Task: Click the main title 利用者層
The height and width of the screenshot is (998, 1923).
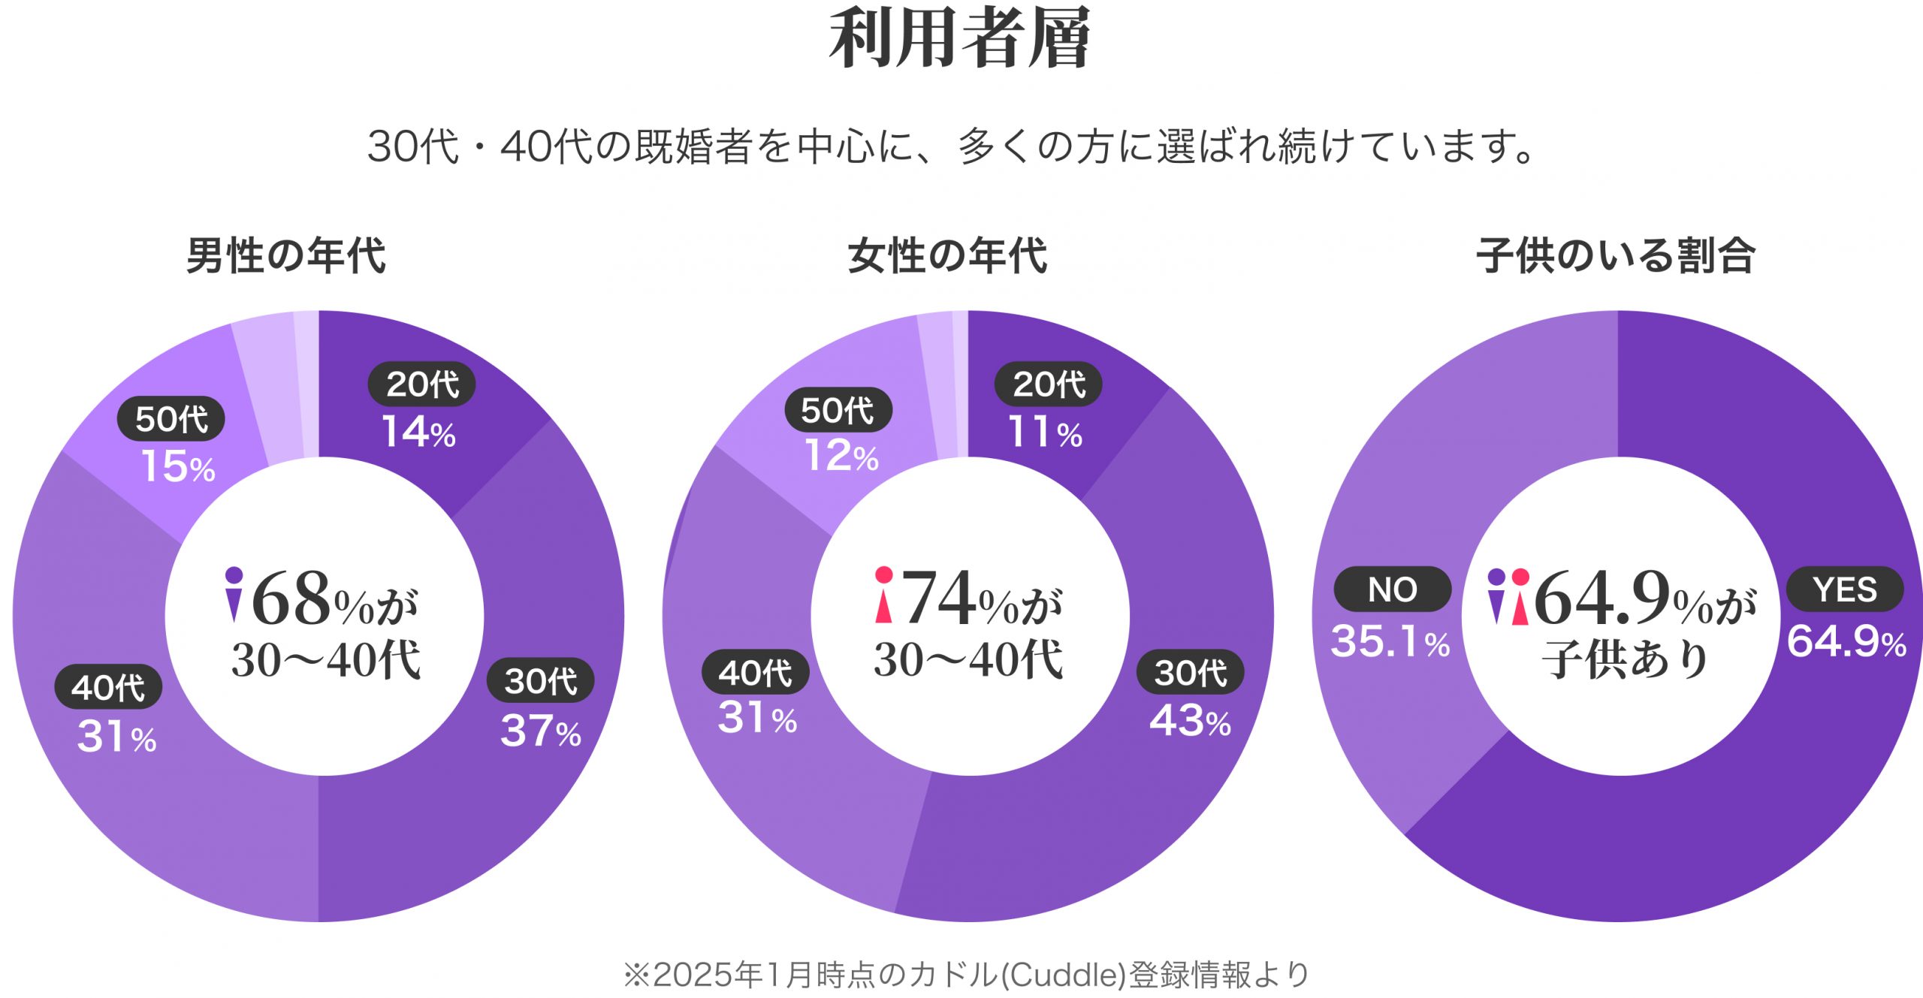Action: click(960, 39)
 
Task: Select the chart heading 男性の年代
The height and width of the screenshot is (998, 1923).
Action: click(286, 256)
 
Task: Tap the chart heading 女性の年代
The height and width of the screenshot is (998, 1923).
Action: click(947, 256)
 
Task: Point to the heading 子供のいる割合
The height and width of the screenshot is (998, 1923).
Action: click(1616, 256)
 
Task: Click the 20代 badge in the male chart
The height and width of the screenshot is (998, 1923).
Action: click(421, 384)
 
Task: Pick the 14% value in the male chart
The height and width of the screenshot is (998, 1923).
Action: click(419, 433)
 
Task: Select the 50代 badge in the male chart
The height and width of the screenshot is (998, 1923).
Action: click(171, 419)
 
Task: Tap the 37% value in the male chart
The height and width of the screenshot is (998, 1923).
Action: click(541, 731)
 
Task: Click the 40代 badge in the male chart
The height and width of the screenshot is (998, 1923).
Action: click(108, 687)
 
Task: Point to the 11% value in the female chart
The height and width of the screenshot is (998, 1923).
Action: click(1045, 433)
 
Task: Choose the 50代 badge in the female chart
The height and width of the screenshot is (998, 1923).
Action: click(838, 410)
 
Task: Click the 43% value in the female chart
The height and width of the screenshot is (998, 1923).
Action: click(1191, 721)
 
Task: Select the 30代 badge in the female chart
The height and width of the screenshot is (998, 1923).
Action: click(1191, 672)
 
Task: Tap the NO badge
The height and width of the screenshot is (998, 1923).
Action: click(1392, 589)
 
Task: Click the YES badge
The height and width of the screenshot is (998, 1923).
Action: click(1844, 589)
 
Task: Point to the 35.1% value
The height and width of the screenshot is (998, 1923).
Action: click(1390, 642)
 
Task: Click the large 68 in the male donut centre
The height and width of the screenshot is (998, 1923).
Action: click(291, 598)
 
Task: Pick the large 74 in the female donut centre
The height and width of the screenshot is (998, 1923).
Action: click(939, 598)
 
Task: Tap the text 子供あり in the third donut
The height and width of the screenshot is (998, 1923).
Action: click(1625, 660)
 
